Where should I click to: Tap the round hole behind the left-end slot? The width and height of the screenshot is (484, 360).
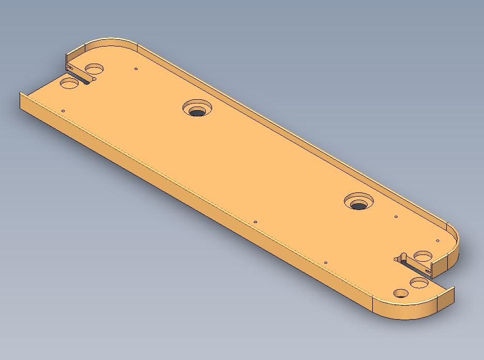coord(95,69)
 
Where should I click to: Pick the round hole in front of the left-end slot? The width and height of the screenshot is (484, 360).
coord(69,82)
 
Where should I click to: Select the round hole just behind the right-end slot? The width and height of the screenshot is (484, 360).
coord(423,256)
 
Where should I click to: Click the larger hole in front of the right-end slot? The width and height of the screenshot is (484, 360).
coord(418,283)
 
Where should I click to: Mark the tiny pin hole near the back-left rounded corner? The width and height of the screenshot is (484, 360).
coord(136,68)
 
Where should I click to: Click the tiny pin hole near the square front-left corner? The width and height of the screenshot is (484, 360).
coord(63,111)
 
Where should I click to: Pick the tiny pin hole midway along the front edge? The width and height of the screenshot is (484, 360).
coord(255,222)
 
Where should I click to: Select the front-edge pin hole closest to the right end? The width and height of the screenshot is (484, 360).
coord(326,263)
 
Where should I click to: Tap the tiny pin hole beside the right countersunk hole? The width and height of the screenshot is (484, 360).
coord(396,217)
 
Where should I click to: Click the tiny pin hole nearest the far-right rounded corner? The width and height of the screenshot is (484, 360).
coord(437,241)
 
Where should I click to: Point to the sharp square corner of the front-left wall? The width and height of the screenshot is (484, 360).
coord(21,94)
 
